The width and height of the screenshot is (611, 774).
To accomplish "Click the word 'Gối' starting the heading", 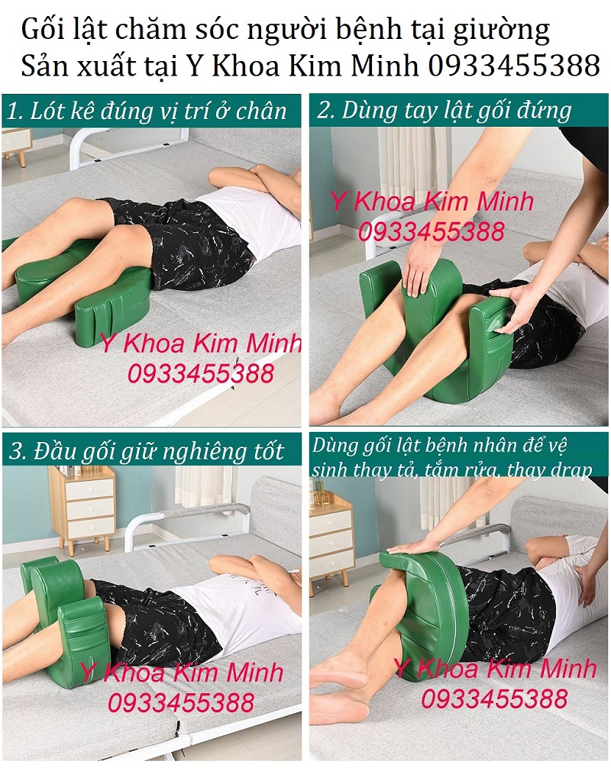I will point(41,32).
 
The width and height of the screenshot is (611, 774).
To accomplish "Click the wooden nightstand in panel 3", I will point(82,508).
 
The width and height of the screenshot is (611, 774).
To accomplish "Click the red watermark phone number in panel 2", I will point(432,231).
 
